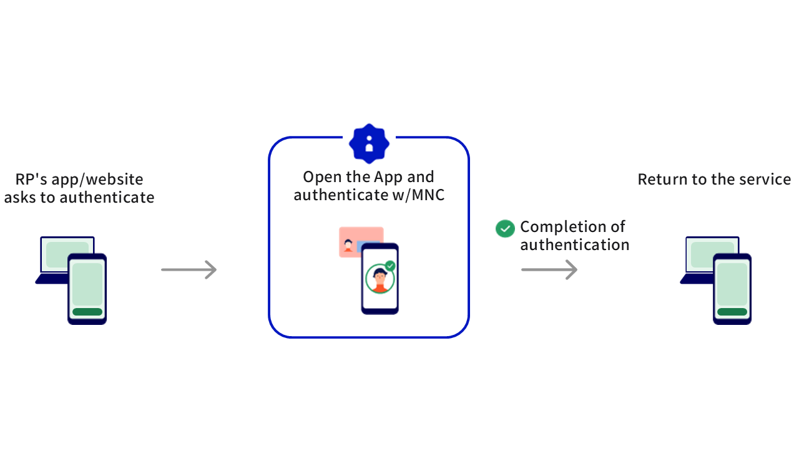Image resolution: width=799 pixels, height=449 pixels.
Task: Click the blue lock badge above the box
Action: tap(369, 143)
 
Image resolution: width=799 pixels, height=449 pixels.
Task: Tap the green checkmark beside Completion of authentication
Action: tap(504, 228)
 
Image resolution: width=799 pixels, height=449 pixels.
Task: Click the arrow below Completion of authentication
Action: tap(549, 269)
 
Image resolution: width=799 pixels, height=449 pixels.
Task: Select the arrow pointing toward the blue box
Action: tap(189, 269)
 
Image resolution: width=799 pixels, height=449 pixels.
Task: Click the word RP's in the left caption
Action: tap(31, 180)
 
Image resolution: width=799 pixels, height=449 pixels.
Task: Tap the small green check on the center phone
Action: tap(390, 266)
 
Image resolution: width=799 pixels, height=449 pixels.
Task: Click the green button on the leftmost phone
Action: tap(87, 312)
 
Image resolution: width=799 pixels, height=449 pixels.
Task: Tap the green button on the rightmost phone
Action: tap(732, 312)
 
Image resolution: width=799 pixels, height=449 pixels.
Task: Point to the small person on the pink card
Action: tap(348, 244)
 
